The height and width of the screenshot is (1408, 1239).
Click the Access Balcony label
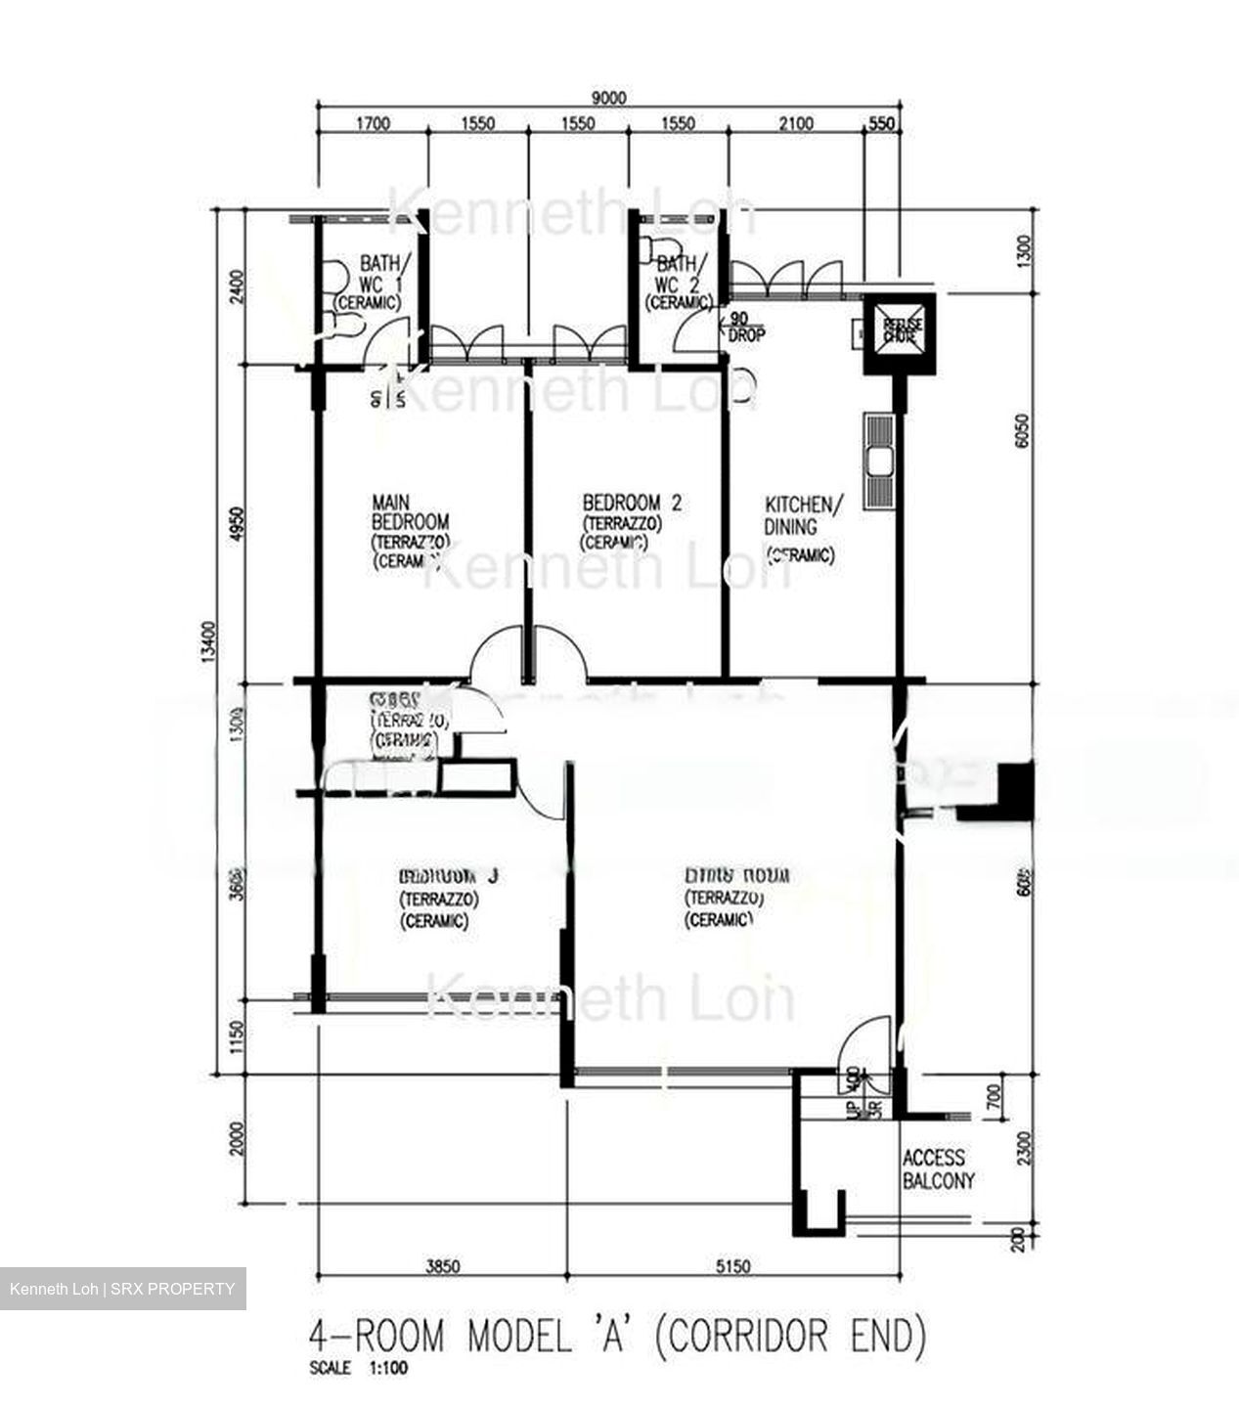tap(938, 1169)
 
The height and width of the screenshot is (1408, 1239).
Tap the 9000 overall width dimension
tap(607, 99)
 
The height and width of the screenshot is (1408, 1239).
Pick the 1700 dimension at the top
tap(373, 124)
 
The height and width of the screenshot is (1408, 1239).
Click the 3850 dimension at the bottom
tap(442, 1266)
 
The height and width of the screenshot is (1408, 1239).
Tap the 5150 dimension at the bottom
tap(733, 1266)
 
